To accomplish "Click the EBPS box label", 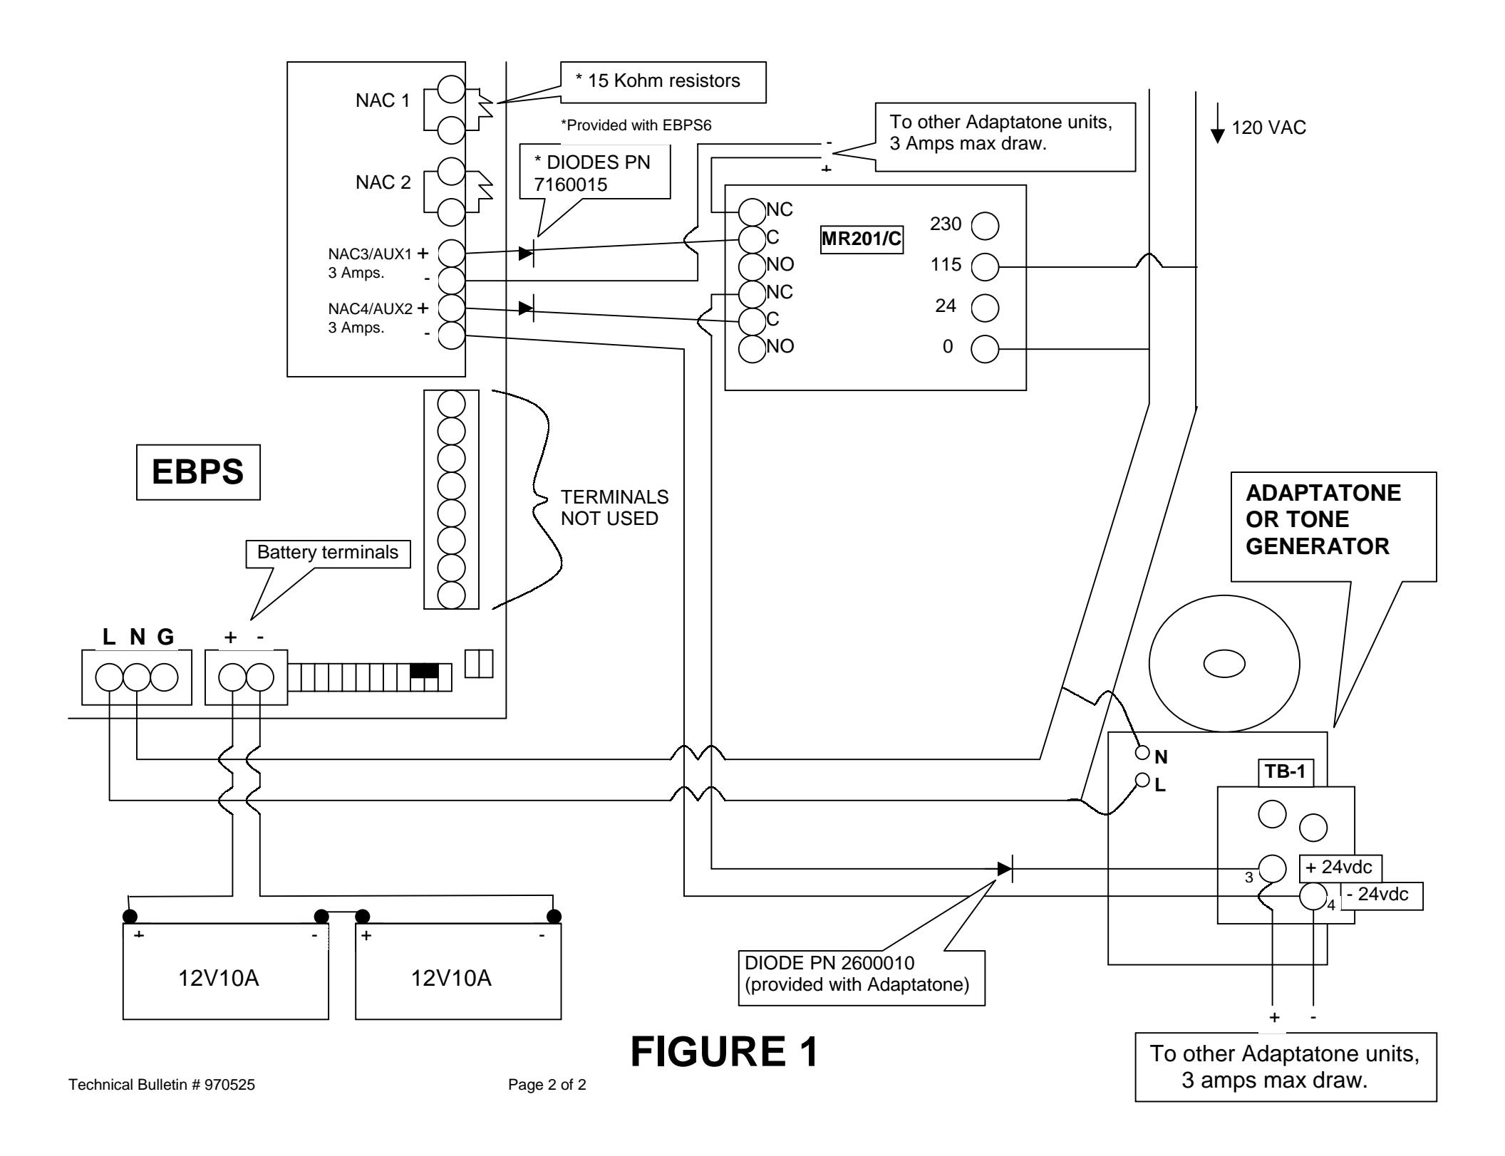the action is pyautogui.click(x=198, y=472).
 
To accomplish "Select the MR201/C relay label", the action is pyautogui.click(x=862, y=241).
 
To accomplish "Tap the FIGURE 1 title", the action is pyautogui.click(x=725, y=1052).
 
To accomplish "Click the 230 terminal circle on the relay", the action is pyautogui.click(x=986, y=227).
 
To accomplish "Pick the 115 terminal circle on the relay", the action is pyautogui.click(x=986, y=268).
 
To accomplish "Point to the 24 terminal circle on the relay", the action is pyautogui.click(x=986, y=308).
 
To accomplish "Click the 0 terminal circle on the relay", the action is pyautogui.click(x=986, y=350).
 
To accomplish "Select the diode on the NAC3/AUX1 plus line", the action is pyautogui.click(x=527, y=252).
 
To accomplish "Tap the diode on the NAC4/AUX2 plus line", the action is pyautogui.click(x=527, y=308).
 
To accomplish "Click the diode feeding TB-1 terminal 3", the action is pyautogui.click(x=1005, y=868).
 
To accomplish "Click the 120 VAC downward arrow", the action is pyautogui.click(x=1219, y=123).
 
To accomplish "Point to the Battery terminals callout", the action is pyautogui.click(x=328, y=553).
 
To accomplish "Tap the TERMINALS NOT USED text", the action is pyautogui.click(x=614, y=508).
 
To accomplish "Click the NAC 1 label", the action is pyautogui.click(x=383, y=100).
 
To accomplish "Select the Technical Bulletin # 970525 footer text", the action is pyautogui.click(x=162, y=1085).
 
